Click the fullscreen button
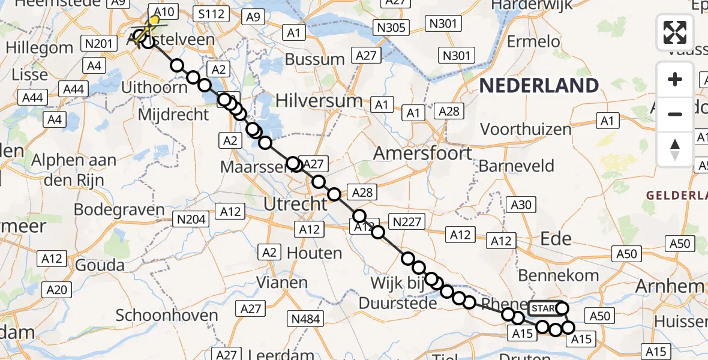(x=675, y=32)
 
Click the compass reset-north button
(x=675, y=149)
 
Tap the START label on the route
(x=542, y=308)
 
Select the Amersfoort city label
(x=422, y=154)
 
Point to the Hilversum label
(x=319, y=101)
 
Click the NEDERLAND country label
(x=539, y=86)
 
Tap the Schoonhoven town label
(x=167, y=315)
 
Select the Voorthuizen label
(x=526, y=129)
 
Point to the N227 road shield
(x=407, y=222)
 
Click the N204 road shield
(x=190, y=219)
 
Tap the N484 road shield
(x=305, y=319)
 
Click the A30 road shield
(x=521, y=205)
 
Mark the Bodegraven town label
(x=119, y=210)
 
